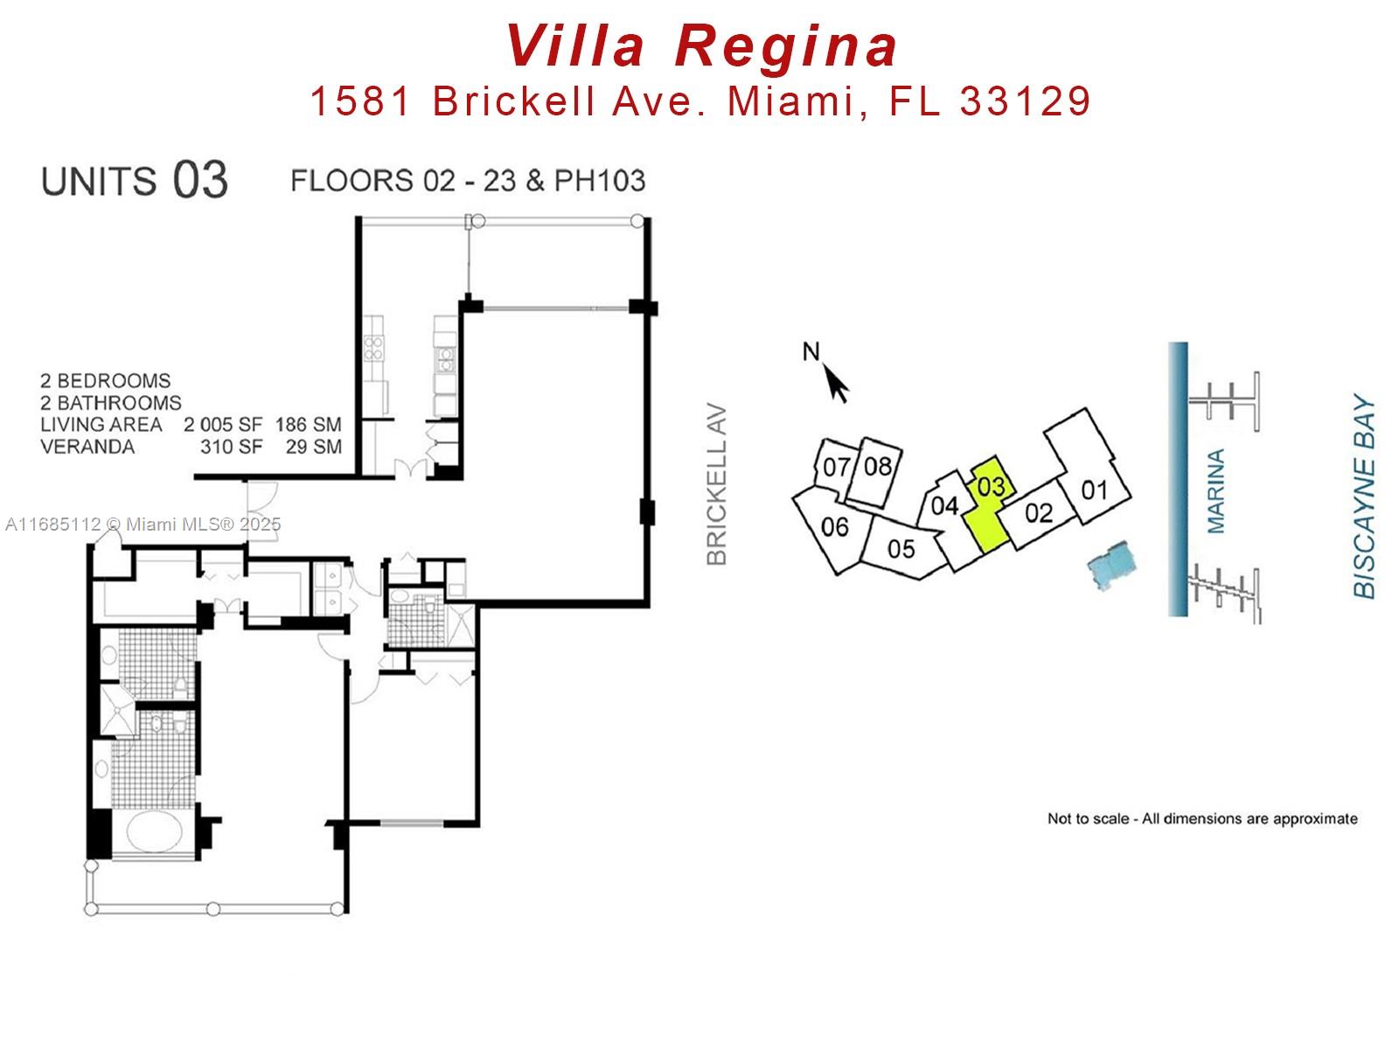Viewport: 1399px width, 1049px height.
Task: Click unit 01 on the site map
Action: click(1094, 490)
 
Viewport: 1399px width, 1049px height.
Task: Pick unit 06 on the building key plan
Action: click(834, 527)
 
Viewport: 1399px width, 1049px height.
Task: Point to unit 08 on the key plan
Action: click(877, 466)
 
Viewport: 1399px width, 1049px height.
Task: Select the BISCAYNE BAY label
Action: click(1364, 498)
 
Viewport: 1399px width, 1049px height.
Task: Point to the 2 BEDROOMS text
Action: click(105, 381)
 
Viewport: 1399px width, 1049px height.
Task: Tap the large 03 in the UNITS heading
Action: click(199, 180)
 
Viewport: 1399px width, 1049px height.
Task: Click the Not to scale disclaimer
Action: click(1201, 819)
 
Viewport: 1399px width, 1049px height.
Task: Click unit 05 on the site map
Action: click(901, 548)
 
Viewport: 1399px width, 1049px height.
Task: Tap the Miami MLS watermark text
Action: click(143, 524)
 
